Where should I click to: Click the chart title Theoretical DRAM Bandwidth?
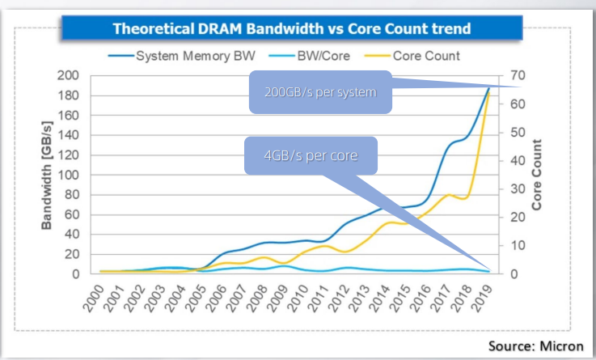point(292,29)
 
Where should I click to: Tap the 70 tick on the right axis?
point(518,75)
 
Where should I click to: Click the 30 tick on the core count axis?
point(518,189)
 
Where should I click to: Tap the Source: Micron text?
point(535,345)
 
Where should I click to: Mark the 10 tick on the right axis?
point(518,246)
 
